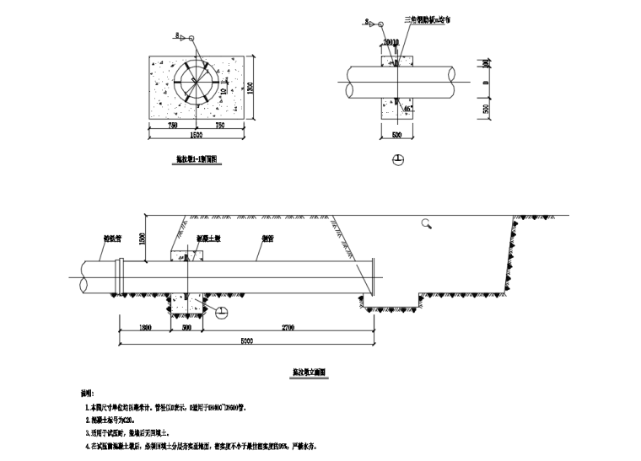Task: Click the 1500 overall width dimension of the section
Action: (197, 136)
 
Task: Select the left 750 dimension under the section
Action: (172, 126)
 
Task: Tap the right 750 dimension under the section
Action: (220, 126)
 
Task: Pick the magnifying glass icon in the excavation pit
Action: (428, 223)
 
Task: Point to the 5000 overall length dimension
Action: (245, 340)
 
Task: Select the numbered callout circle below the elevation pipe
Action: (220, 314)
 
